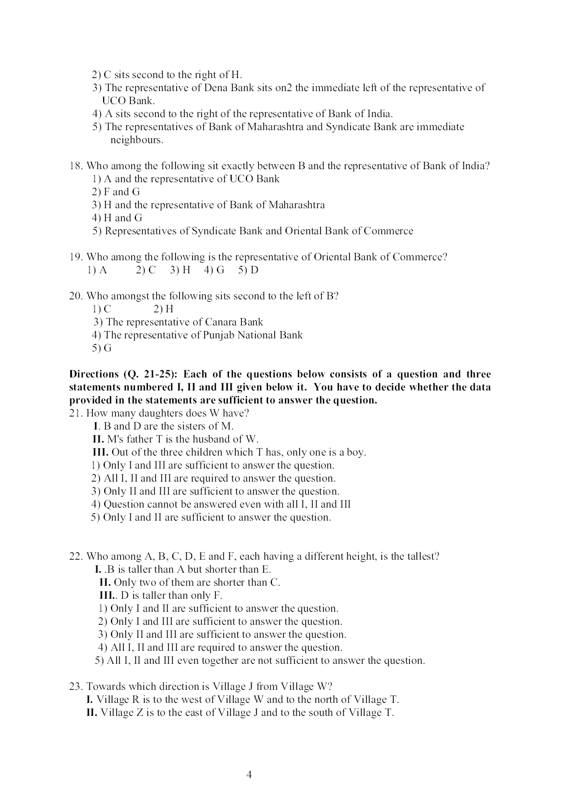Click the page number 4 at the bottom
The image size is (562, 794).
249,775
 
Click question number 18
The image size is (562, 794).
75,166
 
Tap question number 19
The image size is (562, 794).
75,257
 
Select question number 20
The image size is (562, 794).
76,296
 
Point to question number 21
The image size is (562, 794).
75,413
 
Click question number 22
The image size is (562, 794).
76,556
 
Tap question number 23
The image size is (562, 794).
76,686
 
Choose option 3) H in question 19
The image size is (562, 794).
180,270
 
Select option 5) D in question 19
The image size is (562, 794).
248,270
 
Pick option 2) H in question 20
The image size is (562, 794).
163,309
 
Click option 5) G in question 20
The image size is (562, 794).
102,348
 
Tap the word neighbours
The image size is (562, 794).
137,140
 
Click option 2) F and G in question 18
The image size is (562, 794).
116,192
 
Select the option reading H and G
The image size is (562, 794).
117,218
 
